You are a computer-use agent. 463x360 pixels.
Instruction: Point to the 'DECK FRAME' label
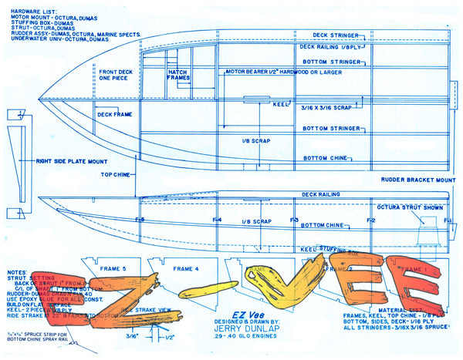click(114, 114)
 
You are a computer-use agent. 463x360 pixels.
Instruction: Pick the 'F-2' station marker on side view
click(371, 220)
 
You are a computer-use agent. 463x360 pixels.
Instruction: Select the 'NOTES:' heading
click(16, 273)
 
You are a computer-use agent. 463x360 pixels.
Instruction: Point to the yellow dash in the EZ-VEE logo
click(209, 291)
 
